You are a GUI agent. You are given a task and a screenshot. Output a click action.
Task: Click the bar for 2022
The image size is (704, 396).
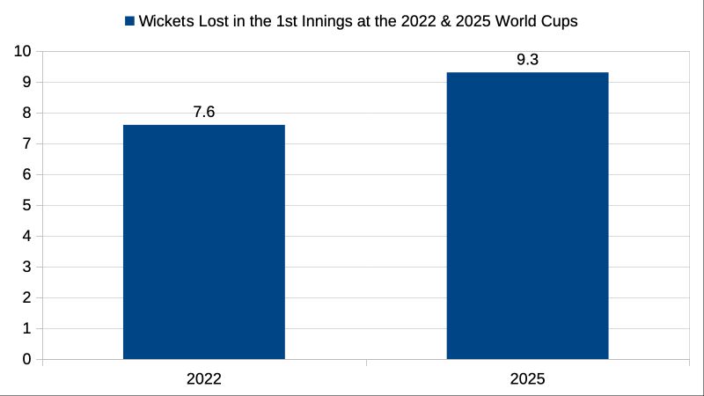click(x=203, y=242)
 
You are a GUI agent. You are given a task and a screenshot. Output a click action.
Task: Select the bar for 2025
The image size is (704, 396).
click(x=527, y=216)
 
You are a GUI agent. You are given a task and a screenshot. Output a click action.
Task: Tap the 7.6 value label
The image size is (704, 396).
click(x=203, y=112)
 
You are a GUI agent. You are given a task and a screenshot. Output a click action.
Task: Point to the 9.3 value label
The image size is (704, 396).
click(x=527, y=60)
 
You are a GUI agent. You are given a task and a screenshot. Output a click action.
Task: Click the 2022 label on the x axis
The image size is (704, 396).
click(x=203, y=380)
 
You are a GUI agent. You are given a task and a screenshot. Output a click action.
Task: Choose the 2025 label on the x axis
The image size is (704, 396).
click(x=527, y=380)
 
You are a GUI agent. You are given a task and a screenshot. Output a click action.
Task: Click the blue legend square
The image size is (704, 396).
click(x=130, y=22)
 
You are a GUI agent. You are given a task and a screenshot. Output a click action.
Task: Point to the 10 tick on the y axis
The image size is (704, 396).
click(x=23, y=52)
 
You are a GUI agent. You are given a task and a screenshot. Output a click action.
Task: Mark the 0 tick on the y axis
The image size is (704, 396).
click(x=27, y=359)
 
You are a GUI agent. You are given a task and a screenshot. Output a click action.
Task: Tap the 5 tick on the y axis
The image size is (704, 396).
click(x=27, y=206)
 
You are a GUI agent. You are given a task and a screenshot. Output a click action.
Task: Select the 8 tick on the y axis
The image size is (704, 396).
click(x=27, y=114)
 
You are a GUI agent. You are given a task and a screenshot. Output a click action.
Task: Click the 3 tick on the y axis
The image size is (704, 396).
click(x=27, y=268)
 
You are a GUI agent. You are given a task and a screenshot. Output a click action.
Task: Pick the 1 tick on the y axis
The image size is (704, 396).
click(x=27, y=328)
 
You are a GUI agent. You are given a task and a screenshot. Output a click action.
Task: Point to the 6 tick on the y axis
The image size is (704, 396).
click(x=27, y=175)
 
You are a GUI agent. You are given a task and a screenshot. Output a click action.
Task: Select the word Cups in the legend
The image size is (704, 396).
click(x=560, y=22)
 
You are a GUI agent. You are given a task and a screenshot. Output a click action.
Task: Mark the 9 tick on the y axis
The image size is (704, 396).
click(x=27, y=83)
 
